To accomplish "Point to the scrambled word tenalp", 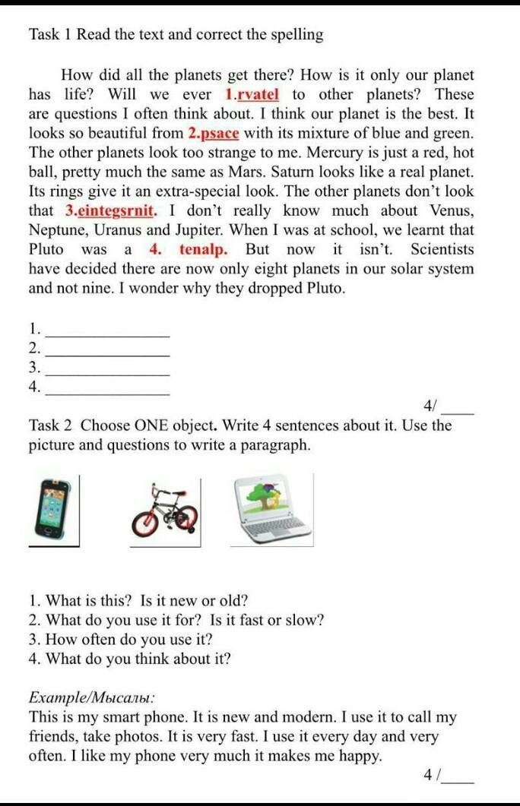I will point(203,250).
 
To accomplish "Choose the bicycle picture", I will point(165,510).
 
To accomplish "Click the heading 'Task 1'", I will point(50,35).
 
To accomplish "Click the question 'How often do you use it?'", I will point(121,640).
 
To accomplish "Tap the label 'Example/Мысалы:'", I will point(92,697).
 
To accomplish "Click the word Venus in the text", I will point(451,211).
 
